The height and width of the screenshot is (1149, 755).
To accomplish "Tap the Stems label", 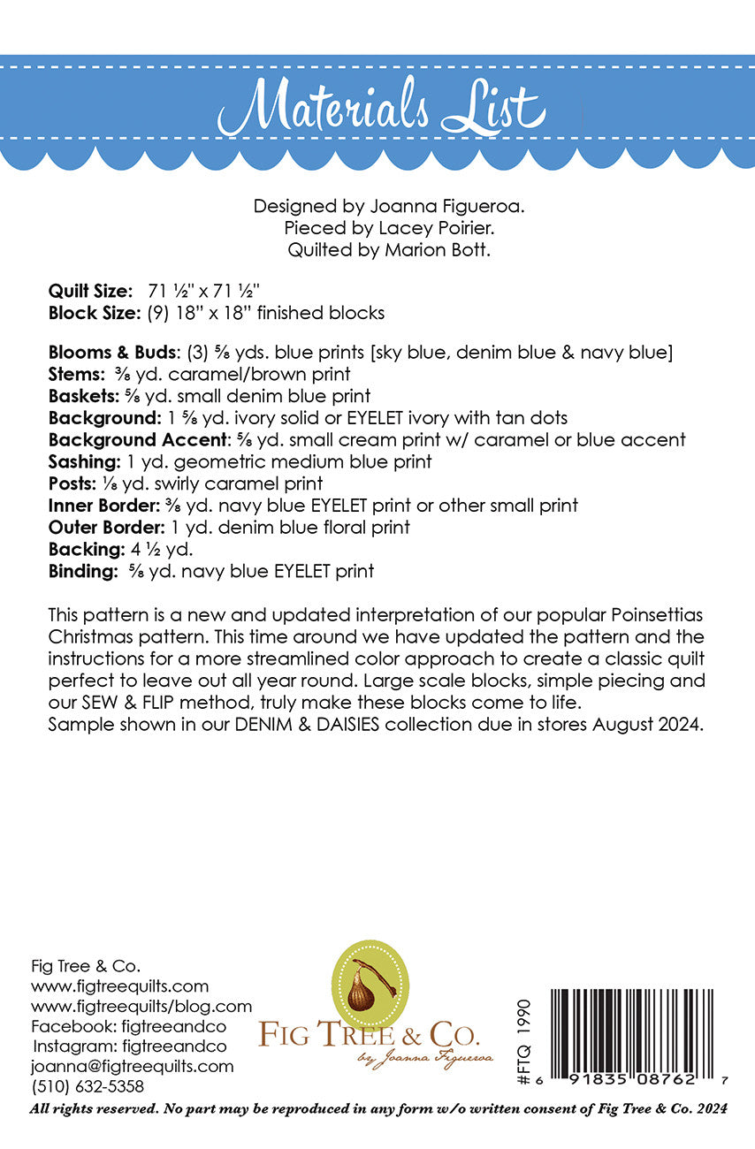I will pyautogui.click(x=78, y=374).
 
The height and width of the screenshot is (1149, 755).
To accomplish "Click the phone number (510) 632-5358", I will pyautogui.click(x=88, y=1086).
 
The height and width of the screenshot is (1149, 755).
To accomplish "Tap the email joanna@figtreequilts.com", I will pyautogui.click(x=132, y=1066).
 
